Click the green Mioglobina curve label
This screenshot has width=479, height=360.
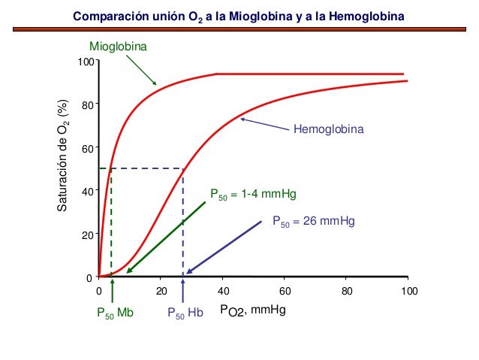118,47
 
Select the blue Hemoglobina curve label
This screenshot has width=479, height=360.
327,130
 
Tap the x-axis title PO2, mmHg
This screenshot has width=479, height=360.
253,309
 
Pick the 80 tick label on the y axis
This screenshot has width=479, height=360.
87,105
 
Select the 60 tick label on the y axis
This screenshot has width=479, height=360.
87,149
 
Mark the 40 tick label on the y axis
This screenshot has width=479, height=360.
87,192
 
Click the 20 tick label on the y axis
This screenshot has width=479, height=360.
87,235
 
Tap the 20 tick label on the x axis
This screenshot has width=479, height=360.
161,291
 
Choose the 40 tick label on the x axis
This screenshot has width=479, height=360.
222,291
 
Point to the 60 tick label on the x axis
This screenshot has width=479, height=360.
284,291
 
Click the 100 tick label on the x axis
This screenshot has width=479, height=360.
407,291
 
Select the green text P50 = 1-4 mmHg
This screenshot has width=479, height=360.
252,195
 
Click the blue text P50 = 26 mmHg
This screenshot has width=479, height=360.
312,222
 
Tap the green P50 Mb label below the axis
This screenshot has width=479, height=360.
114,313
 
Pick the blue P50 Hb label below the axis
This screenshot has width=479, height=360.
185,313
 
